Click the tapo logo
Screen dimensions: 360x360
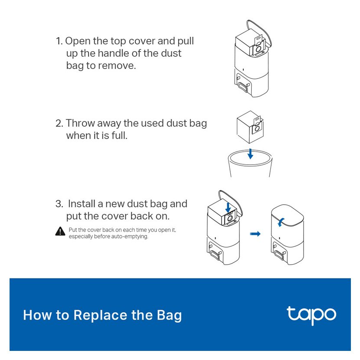coord(311,315)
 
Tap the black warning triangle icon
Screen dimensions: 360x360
coord(60,232)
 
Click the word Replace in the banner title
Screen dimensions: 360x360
coord(100,316)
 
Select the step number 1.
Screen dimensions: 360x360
coord(59,41)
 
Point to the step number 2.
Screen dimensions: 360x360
coord(59,124)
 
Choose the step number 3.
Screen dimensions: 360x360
coord(59,204)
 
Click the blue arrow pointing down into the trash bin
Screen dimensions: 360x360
coord(250,154)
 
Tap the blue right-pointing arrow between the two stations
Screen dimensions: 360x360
coord(255,234)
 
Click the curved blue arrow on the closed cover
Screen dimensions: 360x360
coord(280,222)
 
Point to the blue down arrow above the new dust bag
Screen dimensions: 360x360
coord(228,208)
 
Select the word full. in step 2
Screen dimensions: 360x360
coord(119,135)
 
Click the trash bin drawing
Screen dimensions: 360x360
coord(250,163)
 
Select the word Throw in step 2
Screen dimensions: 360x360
coord(80,123)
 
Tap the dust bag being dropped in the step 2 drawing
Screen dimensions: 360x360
coord(250,127)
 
